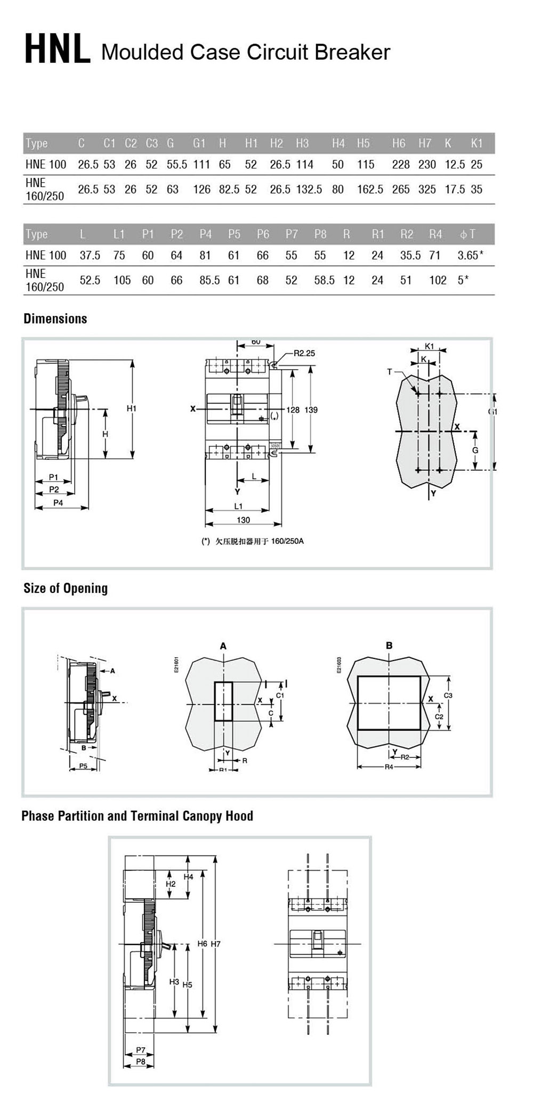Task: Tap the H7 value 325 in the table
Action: click(x=427, y=190)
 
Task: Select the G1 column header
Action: click(x=199, y=143)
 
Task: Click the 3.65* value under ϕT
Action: click(x=470, y=255)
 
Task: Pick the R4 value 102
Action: click(x=438, y=280)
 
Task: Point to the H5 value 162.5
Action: click(x=370, y=190)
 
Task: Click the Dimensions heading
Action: click(x=55, y=319)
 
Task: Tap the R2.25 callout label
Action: click(x=304, y=353)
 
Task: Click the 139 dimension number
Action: click(x=311, y=410)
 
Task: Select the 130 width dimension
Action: click(x=243, y=520)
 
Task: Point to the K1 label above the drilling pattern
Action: click(x=429, y=347)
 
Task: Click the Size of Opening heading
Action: click(x=66, y=589)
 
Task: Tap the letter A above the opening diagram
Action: click(x=223, y=646)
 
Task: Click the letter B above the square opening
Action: click(x=389, y=646)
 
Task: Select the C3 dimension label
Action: click(x=448, y=696)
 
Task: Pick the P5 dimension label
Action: click(x=83, y=766)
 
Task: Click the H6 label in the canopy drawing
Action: click(x=202, y=944)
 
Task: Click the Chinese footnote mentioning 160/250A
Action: click(x=253, y=542)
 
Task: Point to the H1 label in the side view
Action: click(x=131, y=409)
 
